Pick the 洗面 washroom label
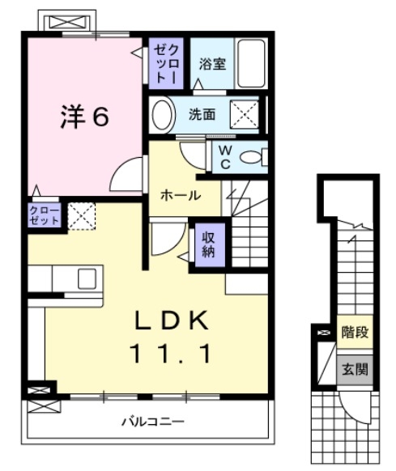pos(202,114)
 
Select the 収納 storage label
pos(208,243)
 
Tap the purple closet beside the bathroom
pos(167,64)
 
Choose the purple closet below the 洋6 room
pos(45,216)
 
